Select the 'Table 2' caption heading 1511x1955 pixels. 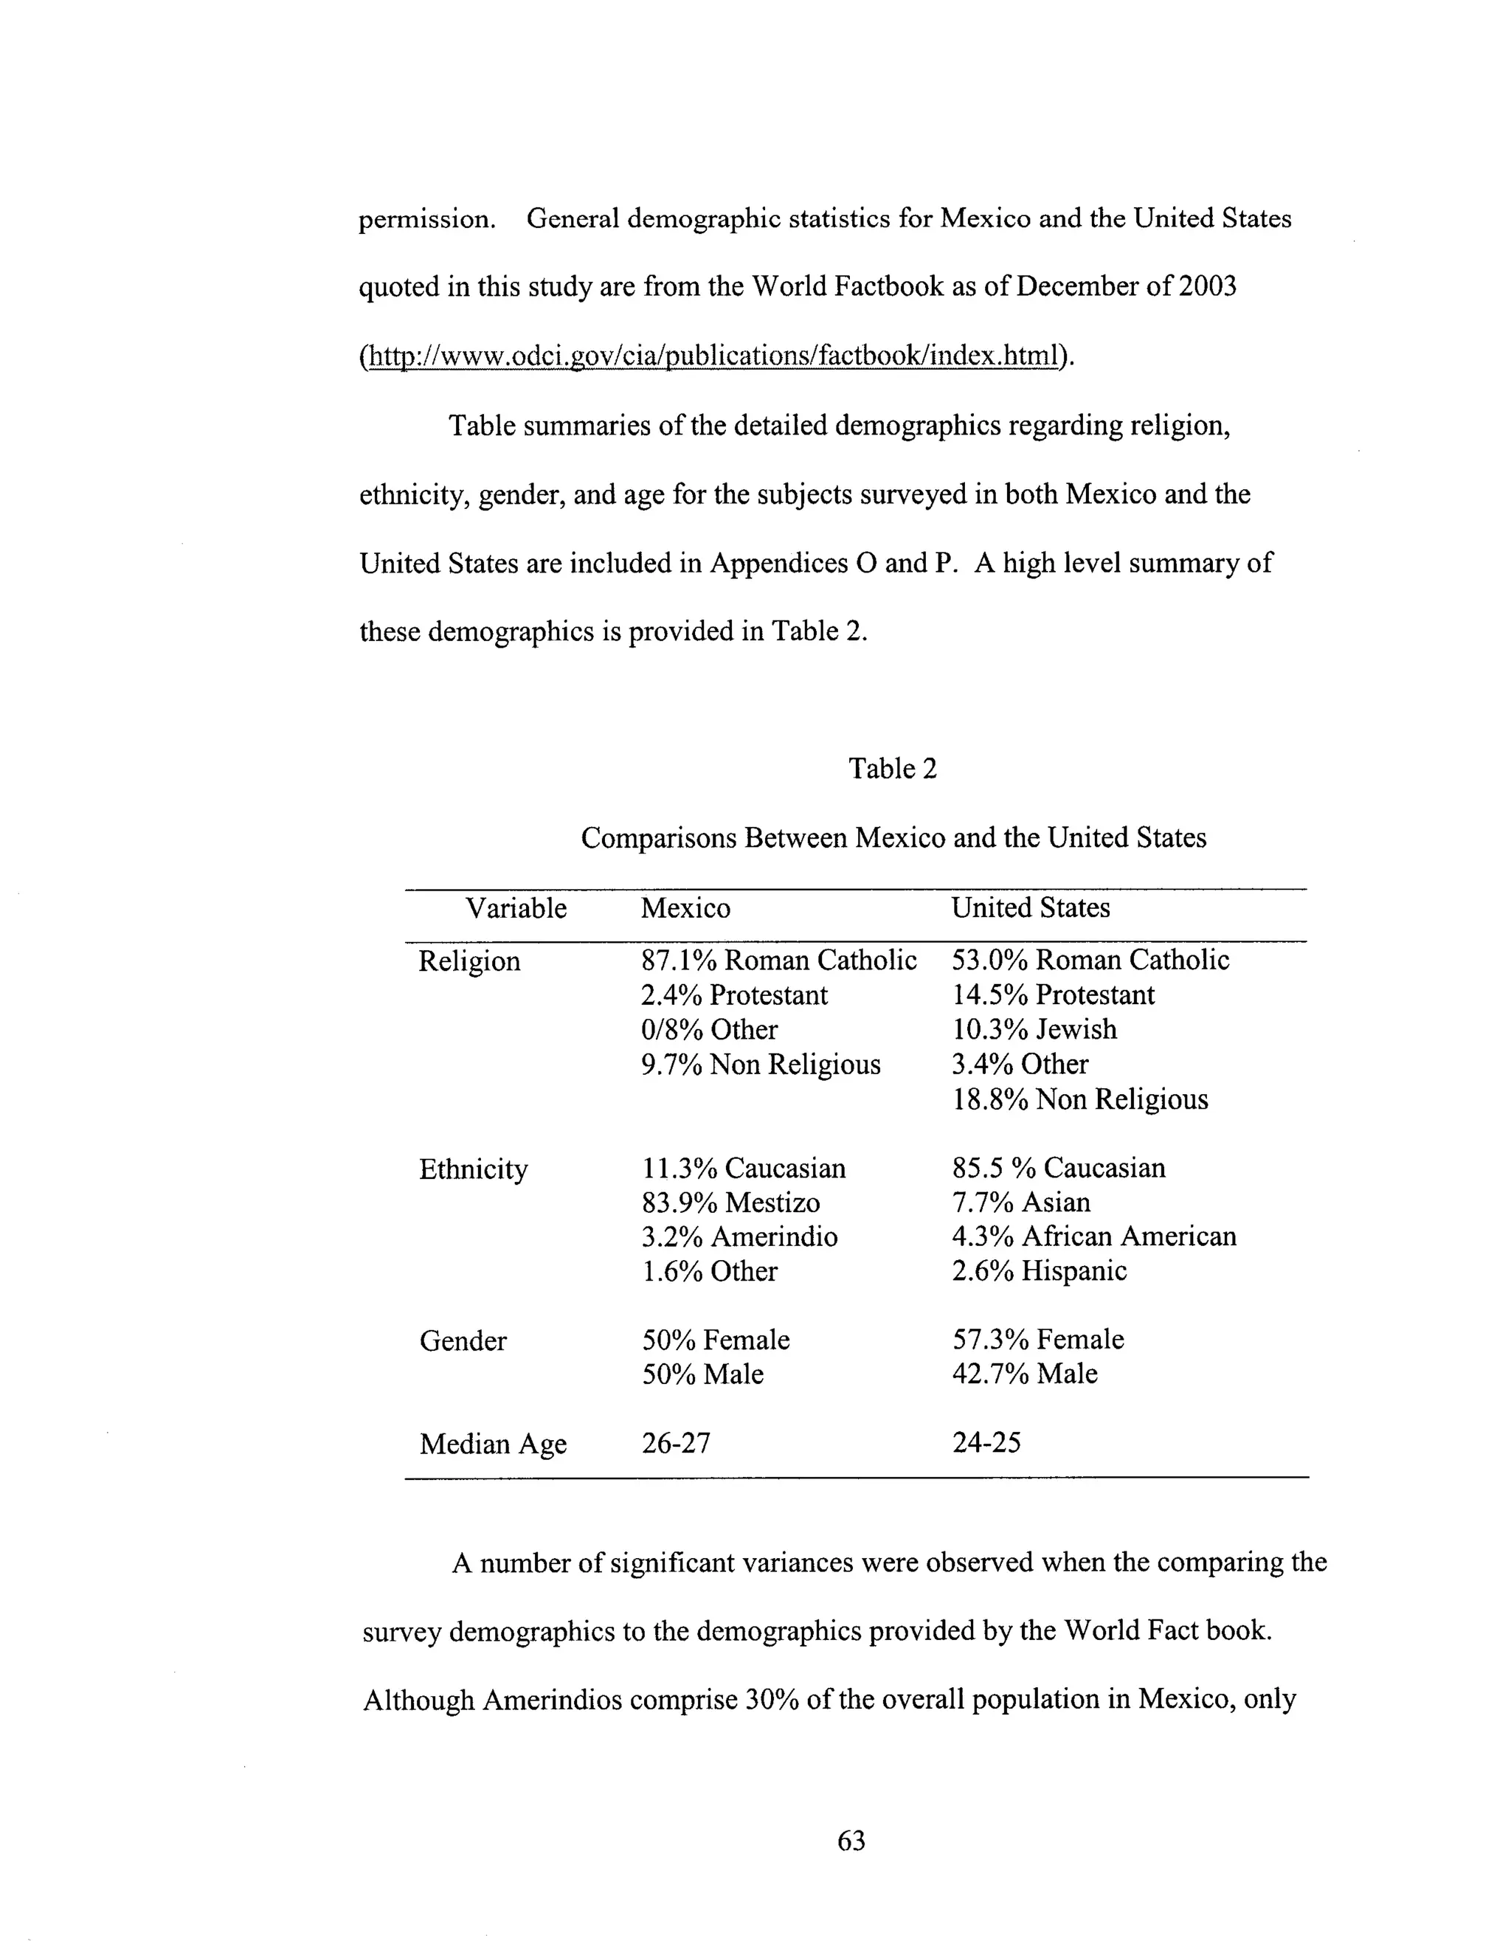tap(893, 768)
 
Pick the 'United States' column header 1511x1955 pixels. tap(1029, 907)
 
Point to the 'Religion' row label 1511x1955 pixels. tap(469, 961)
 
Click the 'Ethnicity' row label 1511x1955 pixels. tap(473, 1169)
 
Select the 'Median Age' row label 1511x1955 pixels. tap(492, 1444)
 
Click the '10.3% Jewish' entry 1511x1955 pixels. tap(1034, 1029)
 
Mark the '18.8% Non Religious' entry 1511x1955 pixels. tap(1079, 1099)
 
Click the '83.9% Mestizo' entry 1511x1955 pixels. tap(730, 1203)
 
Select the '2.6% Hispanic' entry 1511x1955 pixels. tap(1038, 1271)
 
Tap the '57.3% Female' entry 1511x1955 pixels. tap(1037, 1340)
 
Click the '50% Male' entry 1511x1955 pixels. tap(702, 1374)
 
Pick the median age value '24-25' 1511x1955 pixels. tap(986, 1443)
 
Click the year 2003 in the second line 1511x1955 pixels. tap(1208, 286)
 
